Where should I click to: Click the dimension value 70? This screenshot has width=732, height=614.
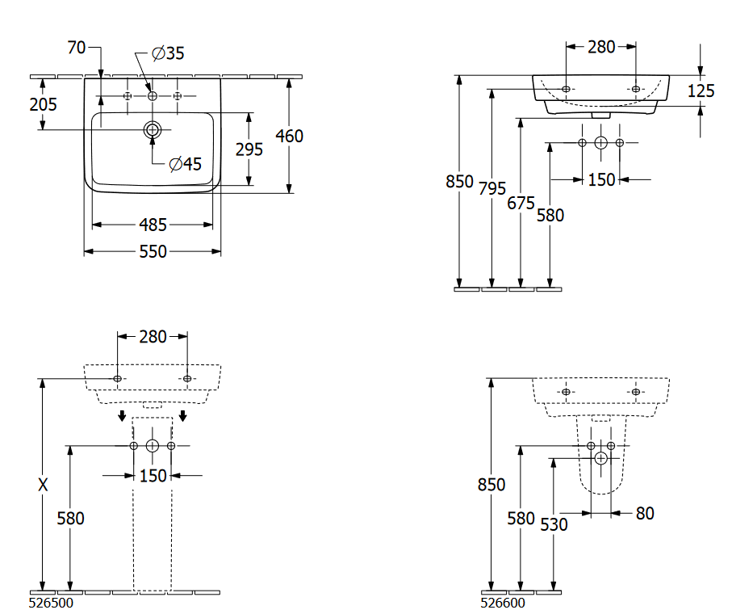(x=76, y=48)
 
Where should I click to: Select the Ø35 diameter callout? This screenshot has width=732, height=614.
(x=168, y=53)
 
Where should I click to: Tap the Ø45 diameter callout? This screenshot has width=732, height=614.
(x=185, y=164)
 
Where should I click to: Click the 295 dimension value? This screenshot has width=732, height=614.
(x=249, y=149)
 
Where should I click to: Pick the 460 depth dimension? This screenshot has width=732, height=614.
(x=289, y=136)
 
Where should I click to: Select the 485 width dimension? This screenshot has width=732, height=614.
(x=153, y=223)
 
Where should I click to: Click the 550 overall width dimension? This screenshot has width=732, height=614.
(x=153, y=252)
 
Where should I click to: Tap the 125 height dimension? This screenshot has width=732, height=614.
(x=701, y=90)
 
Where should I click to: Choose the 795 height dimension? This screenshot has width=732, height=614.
(x=491, y=188)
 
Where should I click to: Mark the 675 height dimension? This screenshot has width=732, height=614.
(x=521, y=203)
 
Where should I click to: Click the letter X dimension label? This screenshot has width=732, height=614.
(x=43, y=485)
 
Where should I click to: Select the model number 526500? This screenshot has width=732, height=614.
(x=51, y=602)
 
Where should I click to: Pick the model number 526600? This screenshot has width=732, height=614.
(x=503, y=602)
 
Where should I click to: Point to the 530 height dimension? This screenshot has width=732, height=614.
(x=554, y=524)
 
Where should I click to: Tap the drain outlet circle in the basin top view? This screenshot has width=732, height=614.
(x=153, y=129)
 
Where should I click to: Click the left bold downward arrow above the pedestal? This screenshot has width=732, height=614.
(x=121, y=416)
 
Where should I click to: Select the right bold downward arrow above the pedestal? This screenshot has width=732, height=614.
(x=184, y=416)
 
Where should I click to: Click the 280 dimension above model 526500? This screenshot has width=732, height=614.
(x=153, y=336)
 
